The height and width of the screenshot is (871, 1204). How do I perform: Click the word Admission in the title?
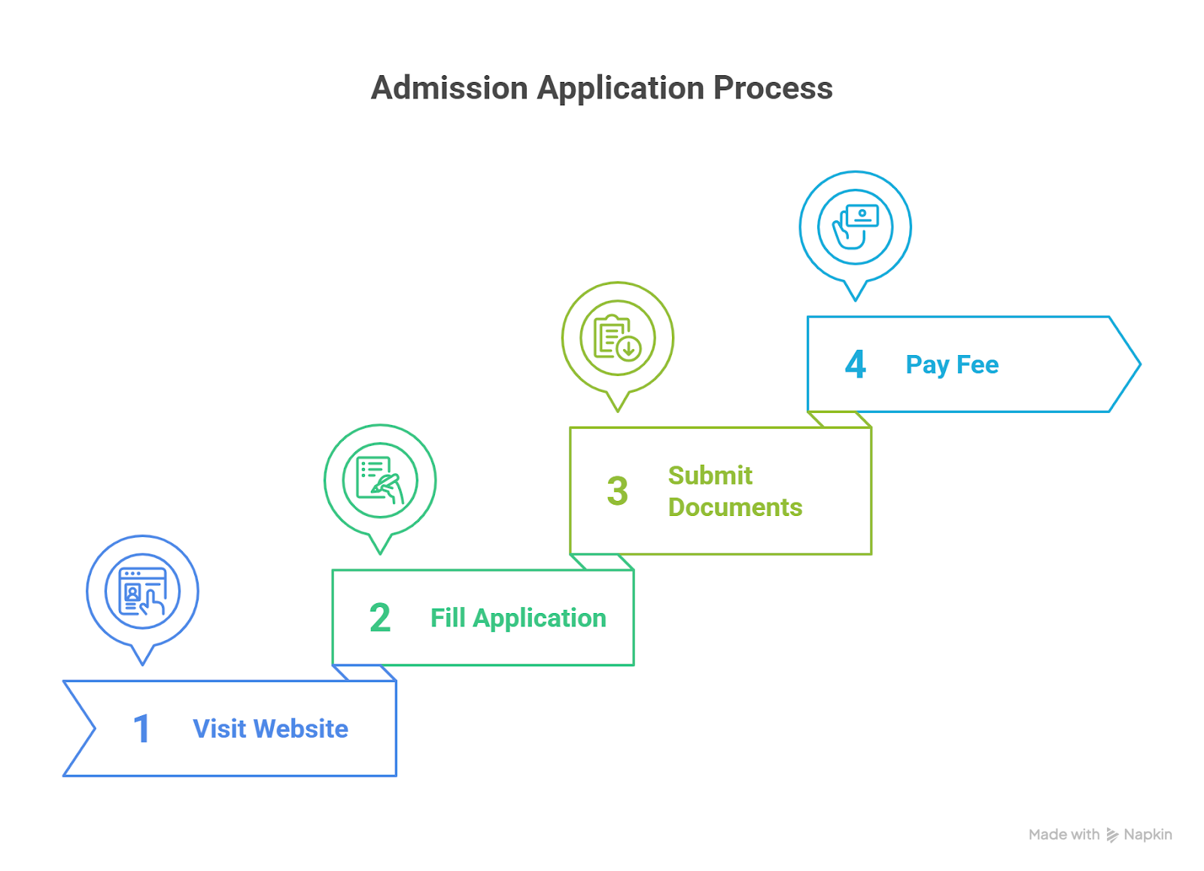point(449,88)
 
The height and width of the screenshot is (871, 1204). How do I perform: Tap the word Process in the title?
point(773,88)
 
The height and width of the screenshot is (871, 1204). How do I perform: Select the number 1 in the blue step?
point(141,729)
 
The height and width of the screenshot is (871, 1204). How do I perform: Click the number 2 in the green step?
point(380,618)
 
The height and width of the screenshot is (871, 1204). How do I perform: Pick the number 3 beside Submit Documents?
point(617,491)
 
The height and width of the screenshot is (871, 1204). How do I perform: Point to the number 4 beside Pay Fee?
point(855,365)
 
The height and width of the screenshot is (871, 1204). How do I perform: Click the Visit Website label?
point(270,729)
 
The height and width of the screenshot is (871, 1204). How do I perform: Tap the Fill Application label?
point(518,618)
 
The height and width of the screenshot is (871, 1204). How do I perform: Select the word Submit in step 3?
point(710,475)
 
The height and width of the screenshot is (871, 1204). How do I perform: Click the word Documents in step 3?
point(735,508)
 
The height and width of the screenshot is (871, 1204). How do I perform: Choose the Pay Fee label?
point(952,365)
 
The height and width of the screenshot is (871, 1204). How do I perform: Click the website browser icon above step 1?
point(142,591)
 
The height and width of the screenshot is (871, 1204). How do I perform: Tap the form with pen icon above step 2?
point(380,480)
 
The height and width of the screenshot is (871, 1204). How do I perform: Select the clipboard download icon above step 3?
point(617,338)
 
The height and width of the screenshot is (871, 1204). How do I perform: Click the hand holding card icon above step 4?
point(855,226)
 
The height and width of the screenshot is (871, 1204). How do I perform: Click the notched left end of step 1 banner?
point(83,729)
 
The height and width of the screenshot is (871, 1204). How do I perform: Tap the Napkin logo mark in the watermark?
point(1112,835)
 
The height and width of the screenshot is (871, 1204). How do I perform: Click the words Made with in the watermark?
point(1063,835)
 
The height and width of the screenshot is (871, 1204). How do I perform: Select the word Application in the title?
point(621,88)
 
